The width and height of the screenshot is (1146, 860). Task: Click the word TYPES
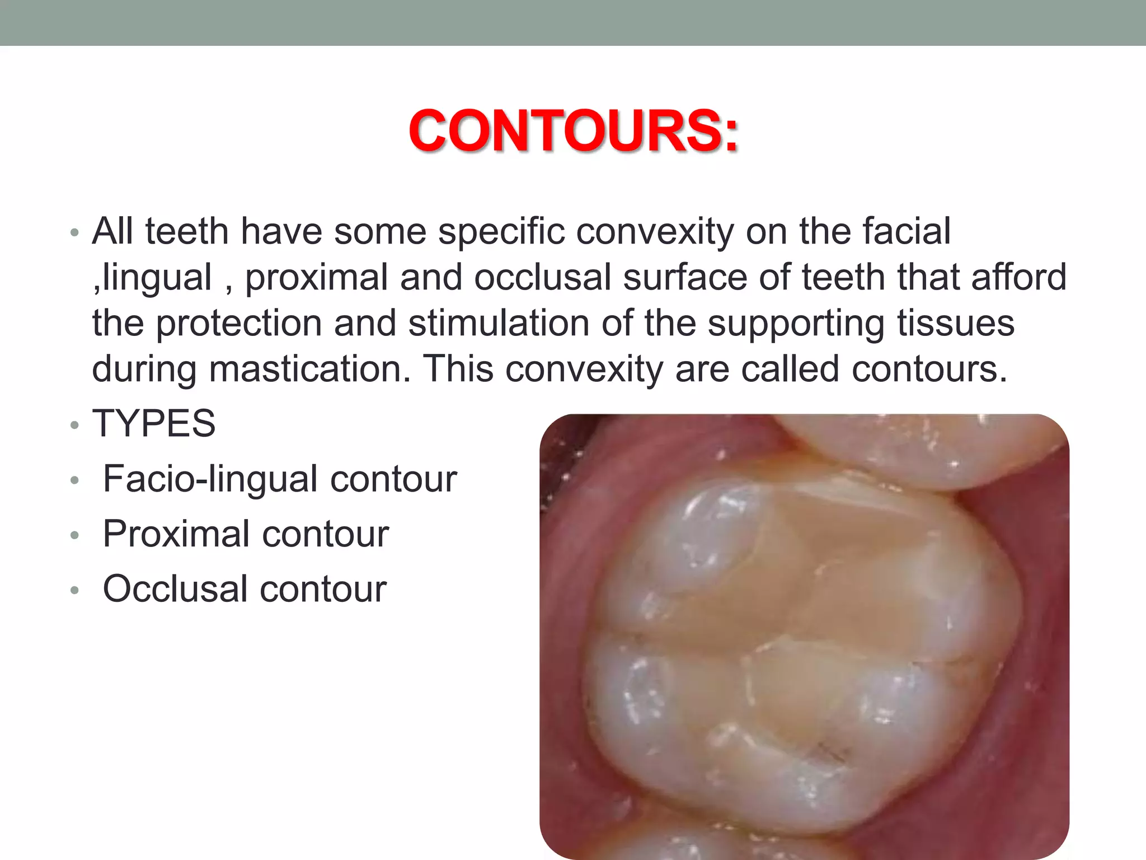pos(154,423)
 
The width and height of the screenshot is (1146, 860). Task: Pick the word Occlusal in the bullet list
pos(175,588)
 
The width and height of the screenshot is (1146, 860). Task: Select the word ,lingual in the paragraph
pos(152,277)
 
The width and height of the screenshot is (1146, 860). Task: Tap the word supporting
pos(796,323)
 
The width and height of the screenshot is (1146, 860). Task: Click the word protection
pos(238,323)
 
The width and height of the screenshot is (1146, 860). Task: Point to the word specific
pos(501,231)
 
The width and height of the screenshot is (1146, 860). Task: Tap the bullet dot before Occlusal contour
pos(75,591)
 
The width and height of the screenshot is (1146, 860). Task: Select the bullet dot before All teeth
pos(75,233)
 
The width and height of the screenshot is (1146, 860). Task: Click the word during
pos(144,369)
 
